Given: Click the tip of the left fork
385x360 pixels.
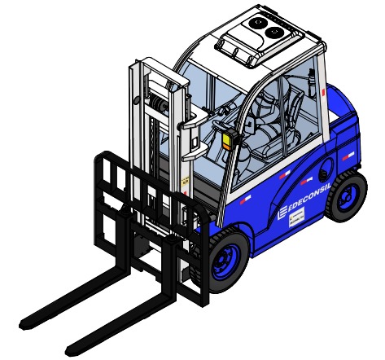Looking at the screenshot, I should (x=27, y=318).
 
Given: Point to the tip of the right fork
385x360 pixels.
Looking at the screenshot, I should (x=72, y=342).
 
